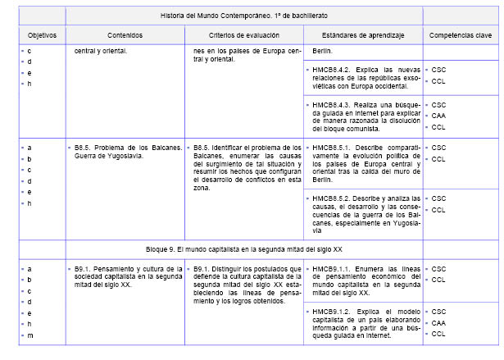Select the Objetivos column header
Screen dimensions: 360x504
[40, 36]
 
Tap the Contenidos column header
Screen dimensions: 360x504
[124, 36]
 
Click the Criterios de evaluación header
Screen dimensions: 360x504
[243, 36]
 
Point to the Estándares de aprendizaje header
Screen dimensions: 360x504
[361, 36]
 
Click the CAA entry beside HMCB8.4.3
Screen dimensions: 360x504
[438, 116]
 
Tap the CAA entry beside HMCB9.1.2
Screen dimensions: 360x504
[438, 323]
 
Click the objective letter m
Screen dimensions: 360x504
[30, 336]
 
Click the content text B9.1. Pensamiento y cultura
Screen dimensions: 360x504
[124, 268]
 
